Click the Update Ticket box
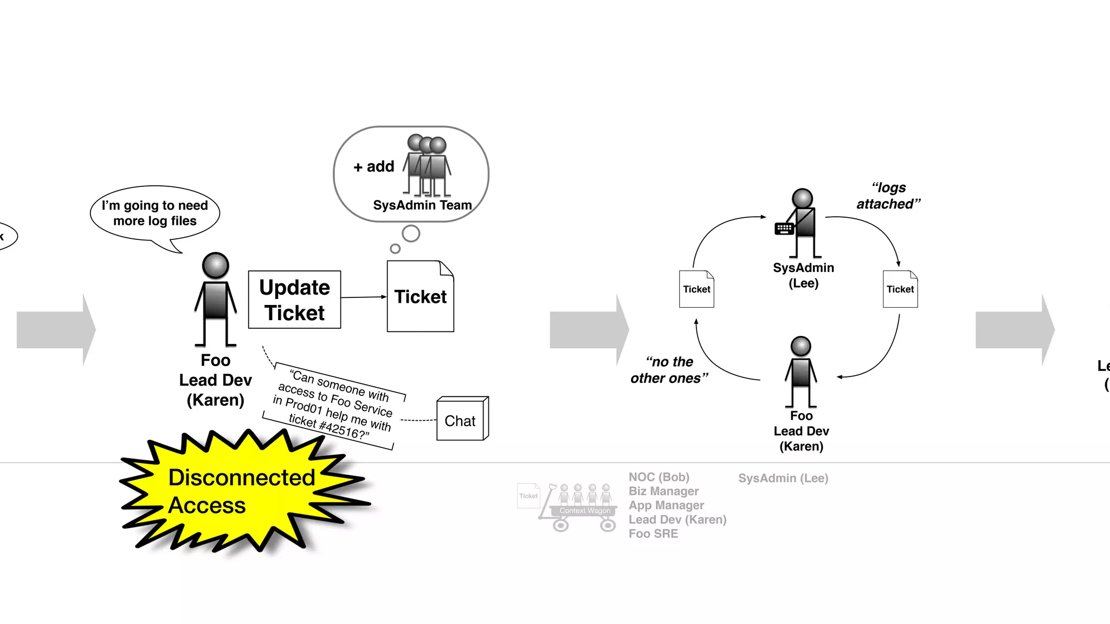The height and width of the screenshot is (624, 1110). [x=294, y=300]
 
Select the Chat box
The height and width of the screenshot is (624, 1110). [x=461, y=420]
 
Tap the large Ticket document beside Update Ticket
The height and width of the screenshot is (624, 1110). [x=420, y=297]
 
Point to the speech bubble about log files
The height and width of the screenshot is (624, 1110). [x=155, y=213]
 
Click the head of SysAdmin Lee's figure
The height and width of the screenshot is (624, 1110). [x=802, y=198]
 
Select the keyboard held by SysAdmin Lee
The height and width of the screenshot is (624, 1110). [x=784, y=229]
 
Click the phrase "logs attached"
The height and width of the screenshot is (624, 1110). [x=888, y=196]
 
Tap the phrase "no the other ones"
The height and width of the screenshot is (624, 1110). [x=669, y=370]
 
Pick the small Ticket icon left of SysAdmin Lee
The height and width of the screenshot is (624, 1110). [x=696, y=289]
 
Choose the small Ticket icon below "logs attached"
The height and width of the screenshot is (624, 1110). [x=900, y=289]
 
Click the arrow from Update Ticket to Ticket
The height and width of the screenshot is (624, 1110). [x=363, y=297]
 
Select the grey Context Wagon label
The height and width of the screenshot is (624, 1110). [x=585, y=511]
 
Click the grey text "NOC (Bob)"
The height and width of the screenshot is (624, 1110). [x=659, y=477]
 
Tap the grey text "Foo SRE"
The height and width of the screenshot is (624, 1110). [x=653, y=534]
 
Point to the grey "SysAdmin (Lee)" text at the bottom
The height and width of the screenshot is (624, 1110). [x=783, y=478]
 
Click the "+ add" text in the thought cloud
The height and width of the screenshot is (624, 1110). [x=374, y=166]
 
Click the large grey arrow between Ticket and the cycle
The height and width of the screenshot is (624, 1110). [x=589, y=329]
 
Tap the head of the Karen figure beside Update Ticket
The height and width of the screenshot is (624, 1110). [x=215, y=265]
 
